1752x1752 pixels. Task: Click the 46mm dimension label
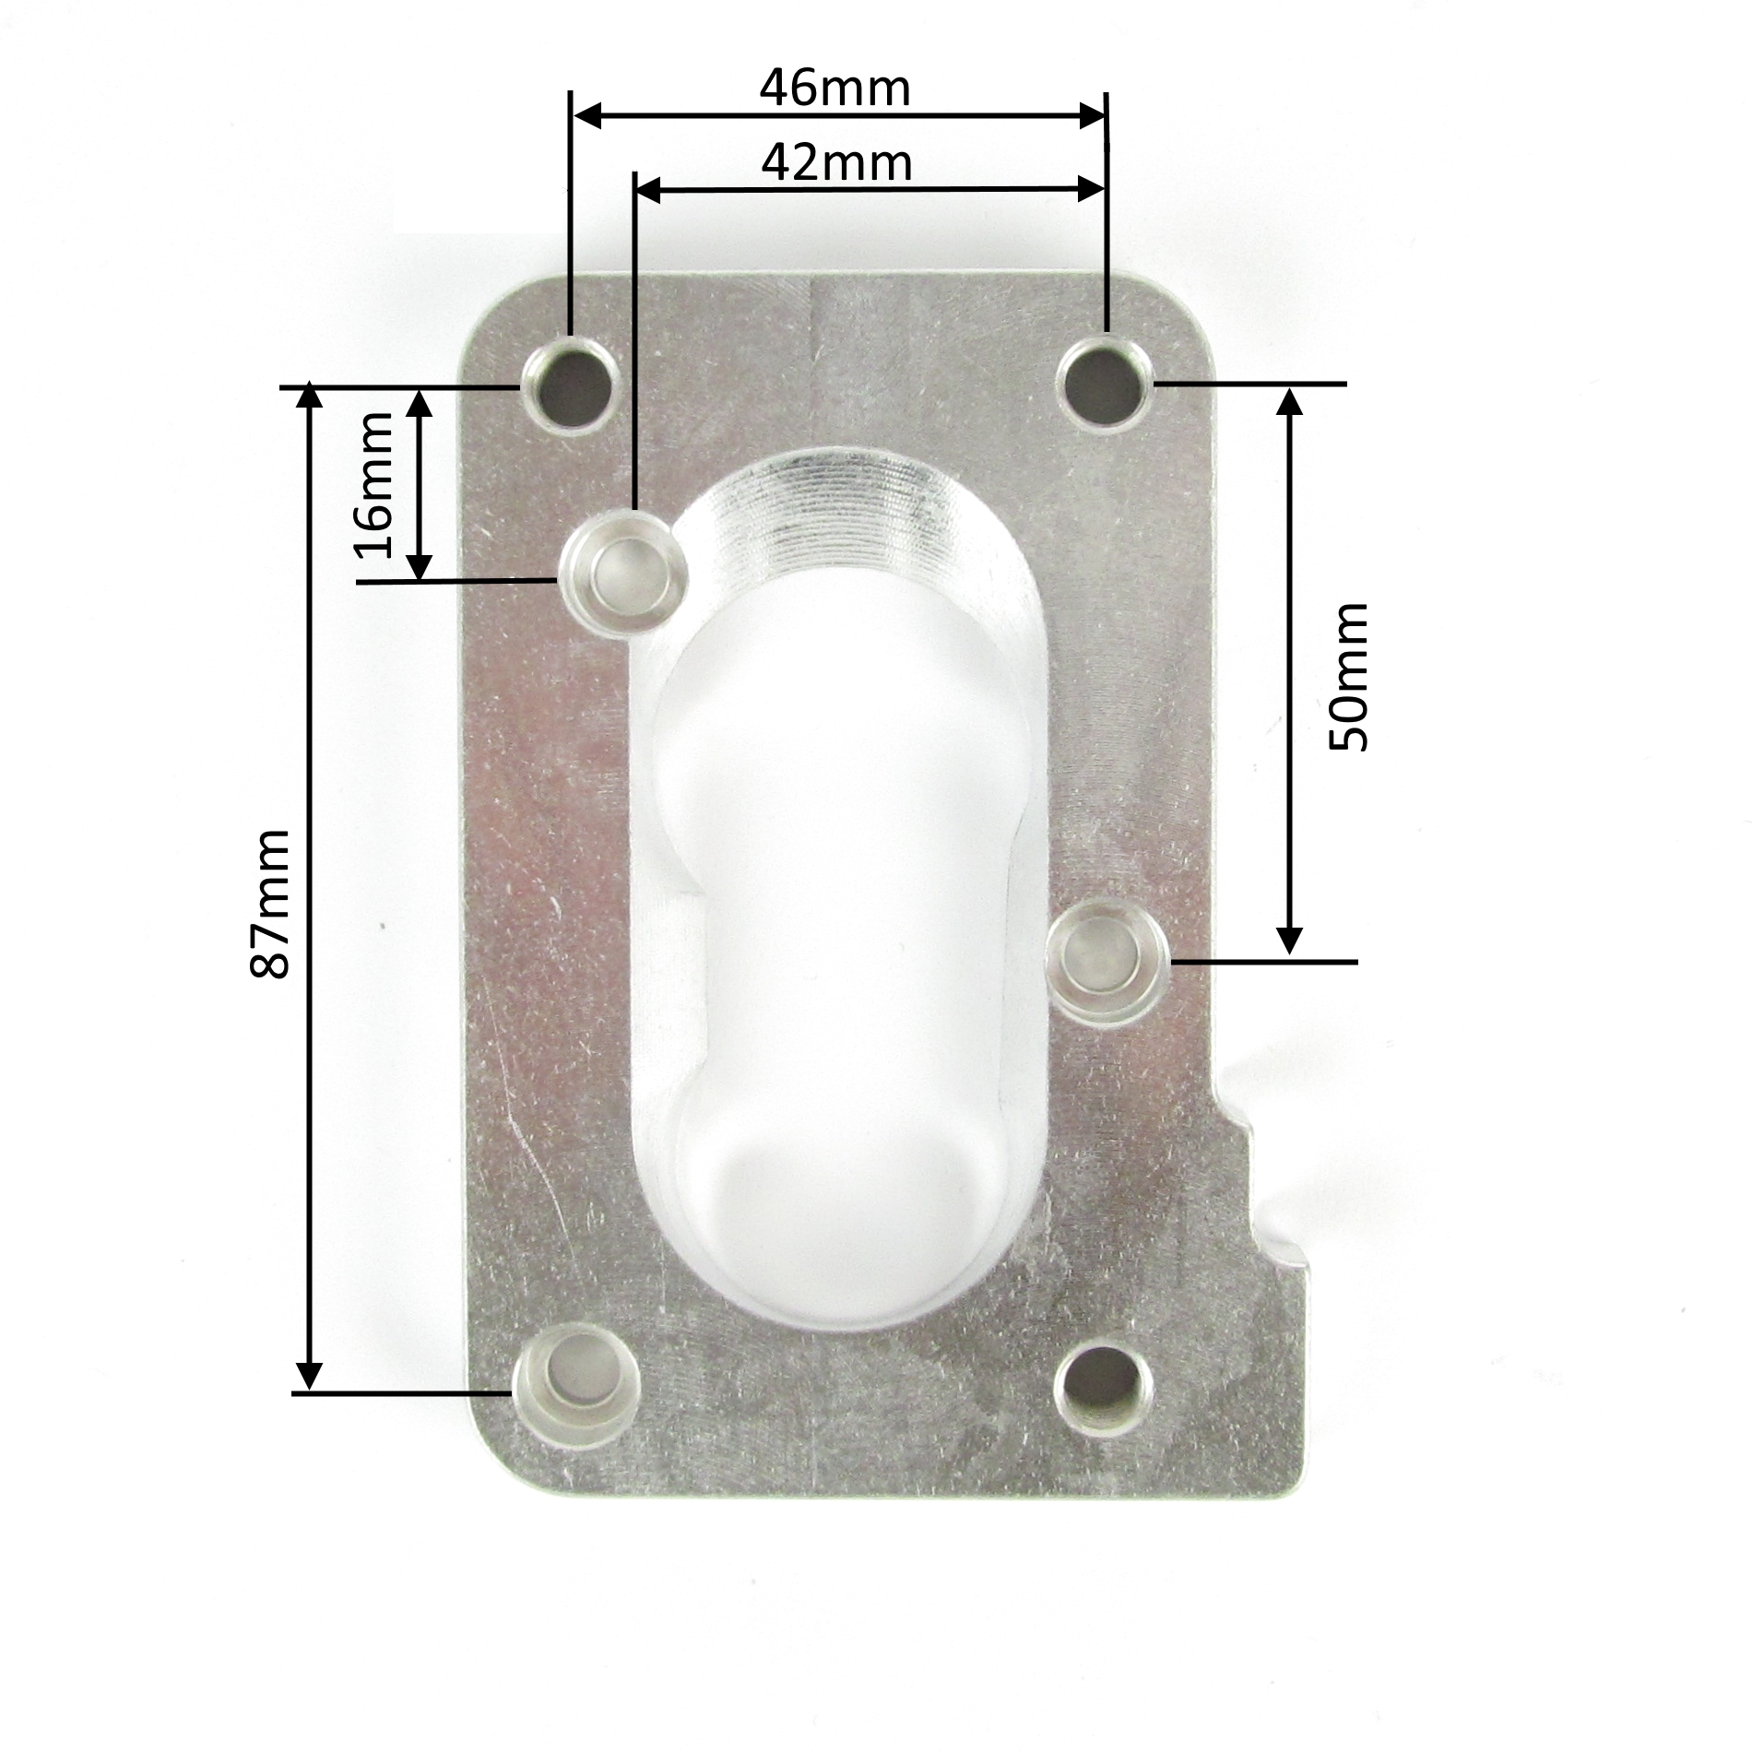click(x=835, y=89)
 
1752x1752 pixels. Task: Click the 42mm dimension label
click(x=836, y=163)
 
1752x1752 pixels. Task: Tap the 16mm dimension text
click(x=373, y=485)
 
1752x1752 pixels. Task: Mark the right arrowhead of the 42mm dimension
click(x=1092, y=190)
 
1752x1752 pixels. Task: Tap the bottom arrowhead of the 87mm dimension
click(x=310, y=1376)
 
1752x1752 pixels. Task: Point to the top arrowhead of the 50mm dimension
click(x=1291, y=400)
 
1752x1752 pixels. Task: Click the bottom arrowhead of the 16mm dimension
click(x=420, y=567)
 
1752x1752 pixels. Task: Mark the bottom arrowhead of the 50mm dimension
click(x=1291, y=941)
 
